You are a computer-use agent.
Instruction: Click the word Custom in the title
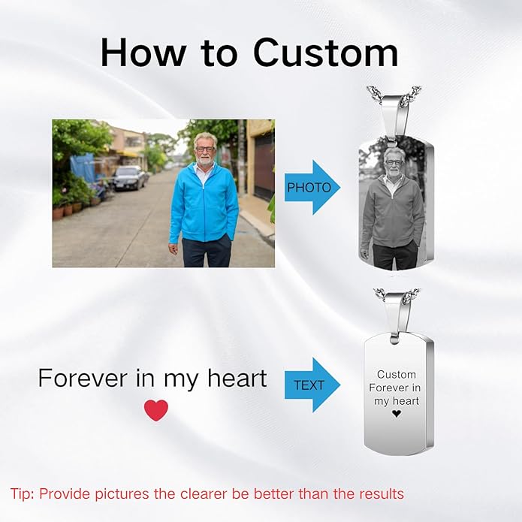click(x=325, y=53)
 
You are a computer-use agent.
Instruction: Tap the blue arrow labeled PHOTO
click(x=312, y=187)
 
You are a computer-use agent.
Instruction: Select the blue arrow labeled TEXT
click(x=312, y=385)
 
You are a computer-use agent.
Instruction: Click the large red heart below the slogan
click(x=156, y=410)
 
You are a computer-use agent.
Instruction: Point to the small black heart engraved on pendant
click(x=397, y=414)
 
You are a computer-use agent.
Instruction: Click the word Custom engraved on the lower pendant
click(x=397, y=374)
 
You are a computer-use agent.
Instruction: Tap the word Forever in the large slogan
click(x=82, y=378)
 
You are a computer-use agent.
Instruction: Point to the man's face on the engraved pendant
click(x=394, y=160)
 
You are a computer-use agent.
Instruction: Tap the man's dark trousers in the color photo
click(x=204, y=252)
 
